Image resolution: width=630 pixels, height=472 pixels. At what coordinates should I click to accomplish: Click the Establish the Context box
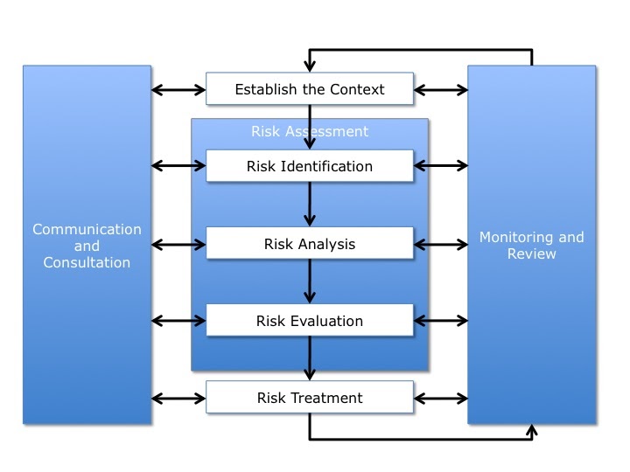click(x=309, y=89)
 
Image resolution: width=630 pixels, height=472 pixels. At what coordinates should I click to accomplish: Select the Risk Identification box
click(x=309, y=166)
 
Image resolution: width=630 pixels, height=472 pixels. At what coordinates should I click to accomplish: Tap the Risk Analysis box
click(x=309, y=244)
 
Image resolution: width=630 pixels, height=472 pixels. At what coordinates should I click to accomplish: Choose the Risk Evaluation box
click(x=309, y=321)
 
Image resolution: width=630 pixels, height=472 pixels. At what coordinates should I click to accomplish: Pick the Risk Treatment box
click(x=309, y=398)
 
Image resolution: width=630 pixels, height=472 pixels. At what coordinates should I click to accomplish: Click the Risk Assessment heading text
click(x=309, y=132)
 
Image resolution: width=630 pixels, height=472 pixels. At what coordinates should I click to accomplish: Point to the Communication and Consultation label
click(x=87, y=246)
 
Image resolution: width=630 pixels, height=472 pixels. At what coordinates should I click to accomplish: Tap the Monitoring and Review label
click(x=532, y=246)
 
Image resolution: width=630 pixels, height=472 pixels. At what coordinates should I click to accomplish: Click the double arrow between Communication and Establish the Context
click(x=178, y=89)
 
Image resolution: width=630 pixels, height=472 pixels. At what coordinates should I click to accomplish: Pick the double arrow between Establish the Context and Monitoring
click(x=440, y=89)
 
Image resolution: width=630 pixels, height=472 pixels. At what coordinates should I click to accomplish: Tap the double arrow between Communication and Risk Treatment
click(x=178, y=398)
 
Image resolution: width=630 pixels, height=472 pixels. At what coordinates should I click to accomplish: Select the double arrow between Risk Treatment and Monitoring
click(x=440, y=398)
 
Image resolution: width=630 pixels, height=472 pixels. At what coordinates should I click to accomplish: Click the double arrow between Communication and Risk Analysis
click(x=178, y=244)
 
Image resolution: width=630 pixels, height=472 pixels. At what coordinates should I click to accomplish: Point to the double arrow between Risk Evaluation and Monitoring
click(x=440, y=321)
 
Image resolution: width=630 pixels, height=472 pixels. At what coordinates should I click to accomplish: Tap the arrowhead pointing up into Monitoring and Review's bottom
click(x=533, y=429)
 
